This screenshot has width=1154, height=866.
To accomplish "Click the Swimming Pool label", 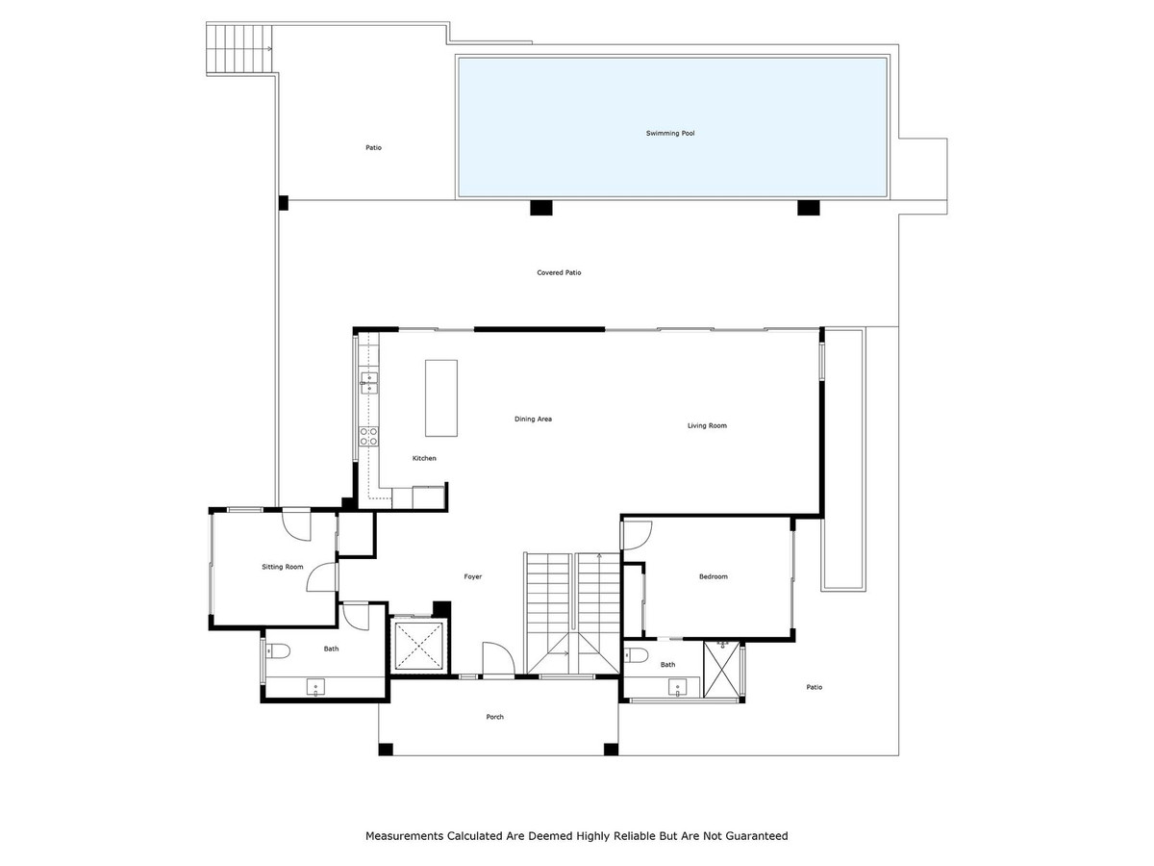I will click(670, 134).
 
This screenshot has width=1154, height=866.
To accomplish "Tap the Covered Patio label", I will click(559, 273).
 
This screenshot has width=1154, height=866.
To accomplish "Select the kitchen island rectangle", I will click(441, 397).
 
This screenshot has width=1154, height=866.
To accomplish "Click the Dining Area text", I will click(533, 420).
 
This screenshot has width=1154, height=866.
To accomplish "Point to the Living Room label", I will click(707, 425).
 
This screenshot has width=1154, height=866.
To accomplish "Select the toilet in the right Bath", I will click(637, 657).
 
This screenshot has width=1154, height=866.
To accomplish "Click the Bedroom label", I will click(713, 577).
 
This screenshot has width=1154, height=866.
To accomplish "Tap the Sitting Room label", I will click(283, 568).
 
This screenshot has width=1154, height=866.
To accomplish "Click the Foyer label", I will click(473, 577).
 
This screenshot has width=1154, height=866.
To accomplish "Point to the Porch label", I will click(494, 717).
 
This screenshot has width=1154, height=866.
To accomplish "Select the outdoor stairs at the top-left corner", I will click(239, 48).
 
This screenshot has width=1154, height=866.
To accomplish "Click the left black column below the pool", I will click(541, 207).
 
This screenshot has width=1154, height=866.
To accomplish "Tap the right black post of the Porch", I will click(610, 749).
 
